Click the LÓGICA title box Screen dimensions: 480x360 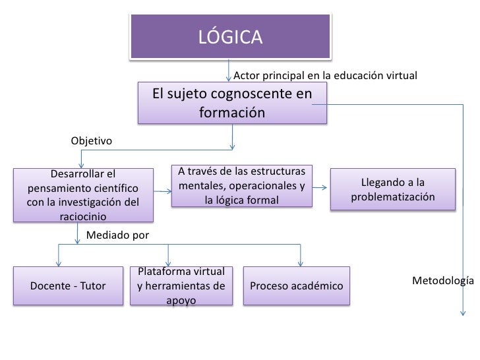click(x=231, y=37)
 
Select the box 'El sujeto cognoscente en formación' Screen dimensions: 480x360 click(x=232, y=103)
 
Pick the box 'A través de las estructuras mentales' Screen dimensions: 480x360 click(x=241, y=187)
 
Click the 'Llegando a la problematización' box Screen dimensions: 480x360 click(x=393, y=190)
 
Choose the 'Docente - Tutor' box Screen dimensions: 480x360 click(x=69, y=285)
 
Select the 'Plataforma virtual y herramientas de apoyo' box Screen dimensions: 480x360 click(x=181, y=286)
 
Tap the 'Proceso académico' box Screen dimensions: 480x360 click(x=297, y=285)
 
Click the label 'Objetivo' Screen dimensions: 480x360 click(x=91, y=141)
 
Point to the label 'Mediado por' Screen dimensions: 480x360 click(x=118, y=234)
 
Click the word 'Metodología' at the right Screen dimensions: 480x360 click(x=443, y=281)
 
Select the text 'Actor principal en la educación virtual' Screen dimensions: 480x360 click(x=326, y=75)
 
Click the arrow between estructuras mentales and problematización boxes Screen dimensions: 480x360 click(x=320, y=188)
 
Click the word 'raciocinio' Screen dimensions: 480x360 click(x=83, y=216)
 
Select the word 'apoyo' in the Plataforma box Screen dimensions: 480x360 click(x=181, y=301)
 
